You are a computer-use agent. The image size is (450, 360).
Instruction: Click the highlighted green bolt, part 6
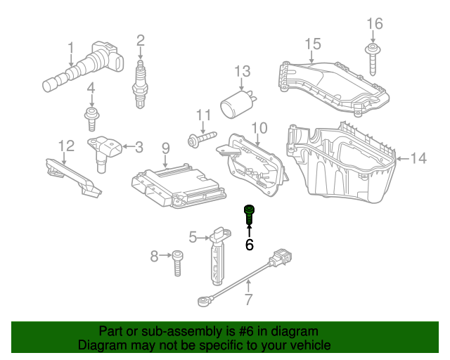249,214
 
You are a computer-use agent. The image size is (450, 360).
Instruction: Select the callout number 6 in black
249,245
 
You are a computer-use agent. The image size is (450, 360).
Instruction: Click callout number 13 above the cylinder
242,72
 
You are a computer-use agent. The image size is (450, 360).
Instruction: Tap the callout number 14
418,159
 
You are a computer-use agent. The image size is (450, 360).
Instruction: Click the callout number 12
66,146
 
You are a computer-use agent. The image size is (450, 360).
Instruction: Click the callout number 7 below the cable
248,301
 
